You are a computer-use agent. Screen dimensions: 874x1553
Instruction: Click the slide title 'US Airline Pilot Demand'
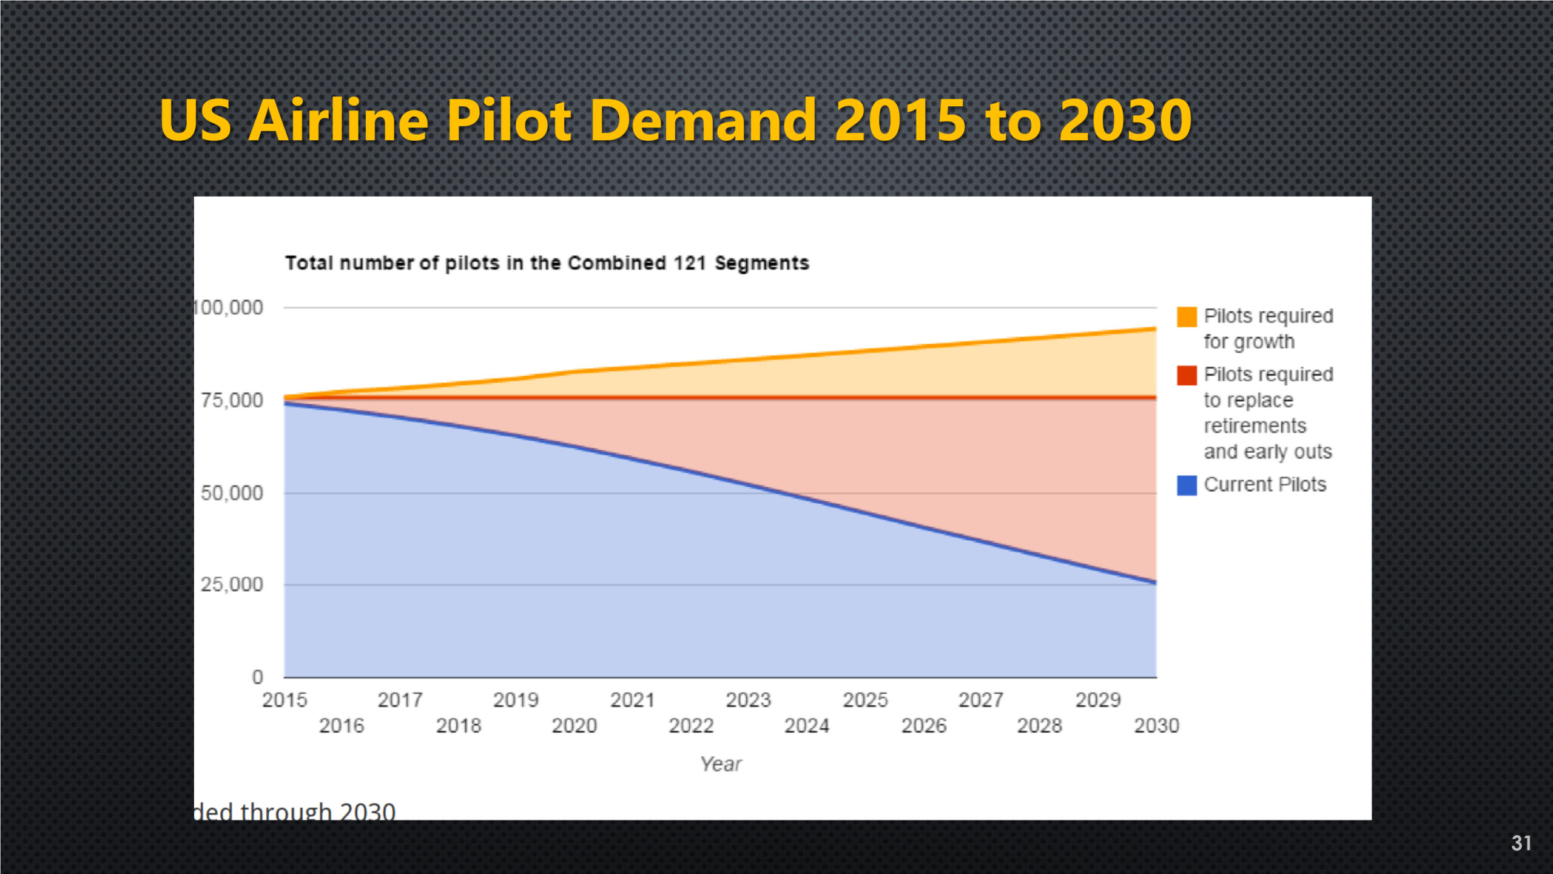pyautogui.click(x=675, y=120)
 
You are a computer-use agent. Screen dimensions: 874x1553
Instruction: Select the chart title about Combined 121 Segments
pyautogui.click(x=547, y=263)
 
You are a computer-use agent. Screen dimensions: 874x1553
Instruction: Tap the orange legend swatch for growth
pyautogui.click(x=1187, y=317)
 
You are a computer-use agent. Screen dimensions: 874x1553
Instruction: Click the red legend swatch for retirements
pyautogui.click(x=1187, y=375)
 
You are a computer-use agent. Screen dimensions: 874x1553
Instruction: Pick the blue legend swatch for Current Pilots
pyautogui.click(x=1187, y=485)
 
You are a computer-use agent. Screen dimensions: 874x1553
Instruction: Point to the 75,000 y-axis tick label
pyautogui.click(x=232, y=401)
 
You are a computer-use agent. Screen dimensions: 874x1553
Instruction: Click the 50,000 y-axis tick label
pyautogui.click(x=232, y=493)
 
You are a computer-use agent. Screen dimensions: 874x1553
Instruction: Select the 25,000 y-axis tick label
pyautogui.click(x=232, y=584)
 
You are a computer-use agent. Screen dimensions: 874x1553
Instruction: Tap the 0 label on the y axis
pyautogui.click(x=258, y=677)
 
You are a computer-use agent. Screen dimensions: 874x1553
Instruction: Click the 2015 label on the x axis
pyautogui.click(x=285, y=700)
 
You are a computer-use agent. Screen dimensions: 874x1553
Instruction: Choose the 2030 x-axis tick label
pyautogui.click(x=1156, y=725)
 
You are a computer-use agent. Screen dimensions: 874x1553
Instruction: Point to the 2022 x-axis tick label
pyautogui.click(x=691, y=725)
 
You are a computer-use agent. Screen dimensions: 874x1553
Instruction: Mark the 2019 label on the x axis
pyautogui.click(x=516, y=700)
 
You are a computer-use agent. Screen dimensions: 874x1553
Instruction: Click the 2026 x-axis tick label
pyautogui.click(x=923, y=725)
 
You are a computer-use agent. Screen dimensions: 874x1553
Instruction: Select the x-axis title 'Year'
pyautogui.click(x=721, y=764)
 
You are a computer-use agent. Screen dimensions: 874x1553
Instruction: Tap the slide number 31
pyautogui.click(x=1521, y=843)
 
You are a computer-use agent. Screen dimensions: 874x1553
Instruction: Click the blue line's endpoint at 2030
pyautogui.click(x=1155, y=582)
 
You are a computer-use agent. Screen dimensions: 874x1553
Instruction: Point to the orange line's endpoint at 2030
pyautogui.click(x=1155, y=329)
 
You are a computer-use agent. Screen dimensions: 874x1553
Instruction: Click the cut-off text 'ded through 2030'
pyautogui.click(x=295, y=811)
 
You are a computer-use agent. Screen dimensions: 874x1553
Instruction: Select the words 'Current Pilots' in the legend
pyautogui.click(x=1265, y=485)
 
